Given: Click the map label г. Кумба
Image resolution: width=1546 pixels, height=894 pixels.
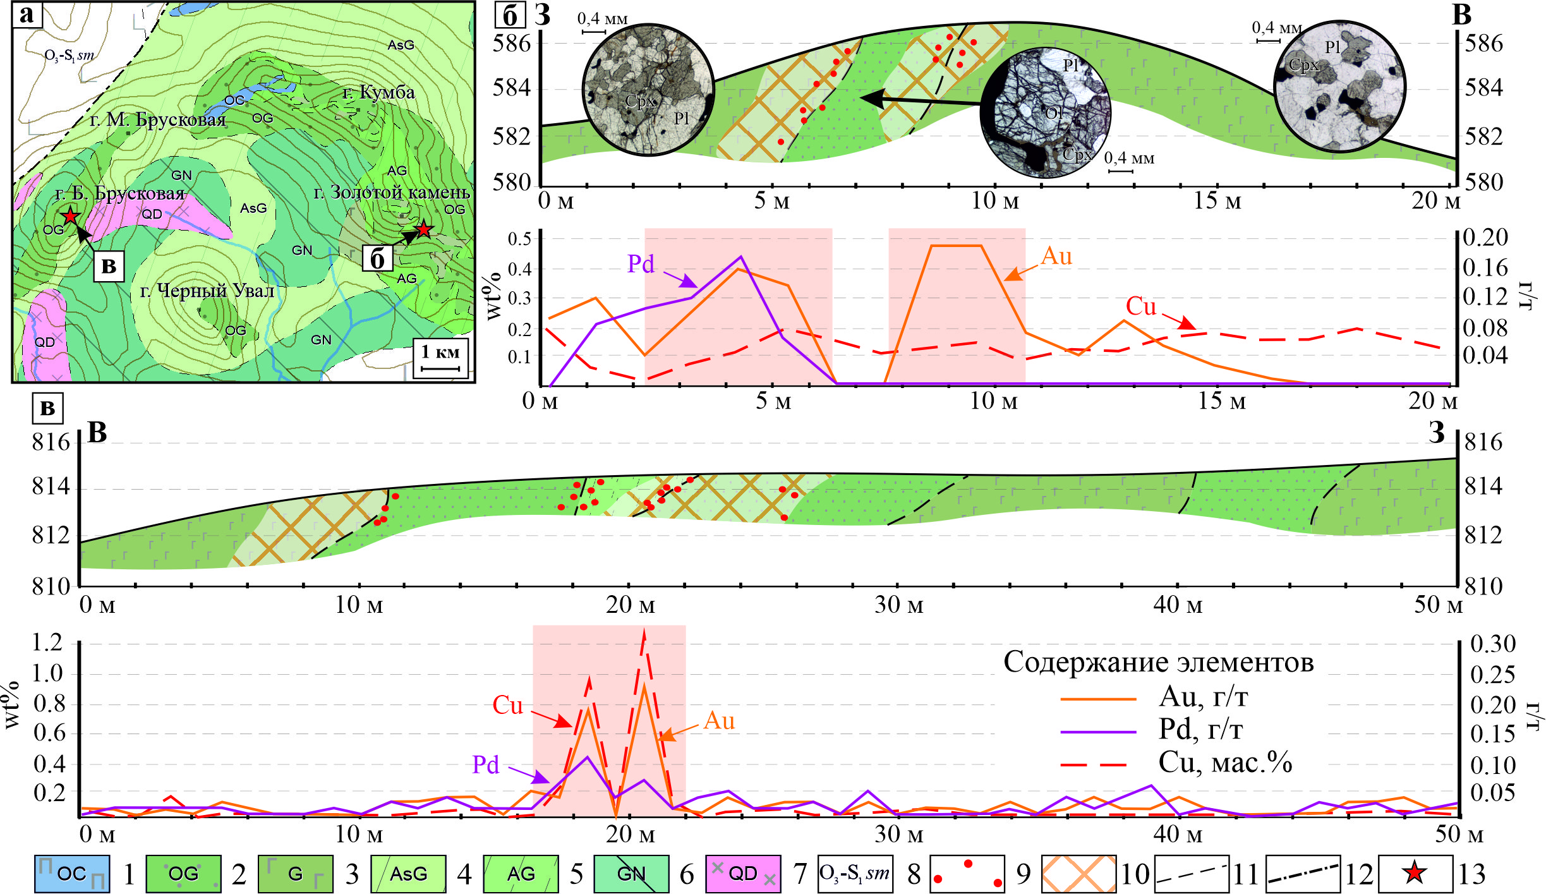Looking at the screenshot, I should pos(379,92).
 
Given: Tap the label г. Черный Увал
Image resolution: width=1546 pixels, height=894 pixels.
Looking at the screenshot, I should pos(207,291).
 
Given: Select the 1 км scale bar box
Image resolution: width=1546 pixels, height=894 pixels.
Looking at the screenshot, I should pos(440,359).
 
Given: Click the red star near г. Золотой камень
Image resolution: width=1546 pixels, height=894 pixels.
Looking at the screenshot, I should pos(423,229).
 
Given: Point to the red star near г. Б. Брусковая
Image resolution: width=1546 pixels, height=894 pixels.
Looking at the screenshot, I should pos(69,216).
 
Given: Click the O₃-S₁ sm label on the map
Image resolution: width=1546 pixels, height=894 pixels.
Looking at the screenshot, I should pos(69,55).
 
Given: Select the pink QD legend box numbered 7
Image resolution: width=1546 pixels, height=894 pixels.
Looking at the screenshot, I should pos(743,874).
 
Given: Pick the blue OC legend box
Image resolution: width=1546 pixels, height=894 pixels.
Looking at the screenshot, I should pos(71,874).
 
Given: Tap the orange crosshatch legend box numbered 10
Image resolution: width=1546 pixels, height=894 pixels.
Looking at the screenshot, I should pos(1078,874).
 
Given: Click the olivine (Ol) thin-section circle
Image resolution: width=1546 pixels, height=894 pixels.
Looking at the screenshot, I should pos(1046,112).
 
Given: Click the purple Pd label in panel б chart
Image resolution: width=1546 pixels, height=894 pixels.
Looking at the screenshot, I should pos(641,263).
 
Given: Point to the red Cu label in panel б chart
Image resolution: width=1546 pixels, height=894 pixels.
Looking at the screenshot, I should pos(1140,306).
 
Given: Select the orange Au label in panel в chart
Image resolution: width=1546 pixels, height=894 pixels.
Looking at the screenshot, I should pos(719,720).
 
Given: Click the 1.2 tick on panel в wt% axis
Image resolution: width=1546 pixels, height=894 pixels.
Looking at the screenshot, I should pos(48,643).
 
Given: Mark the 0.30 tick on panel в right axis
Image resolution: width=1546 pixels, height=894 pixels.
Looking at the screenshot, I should pos(1492,644).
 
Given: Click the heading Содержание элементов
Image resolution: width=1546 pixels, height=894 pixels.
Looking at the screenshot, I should pos(1159,662).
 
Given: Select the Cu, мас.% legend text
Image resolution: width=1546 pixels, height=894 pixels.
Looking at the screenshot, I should pos(1225,763).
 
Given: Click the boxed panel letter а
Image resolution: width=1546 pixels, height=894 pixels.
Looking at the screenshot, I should pos(27,14).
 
